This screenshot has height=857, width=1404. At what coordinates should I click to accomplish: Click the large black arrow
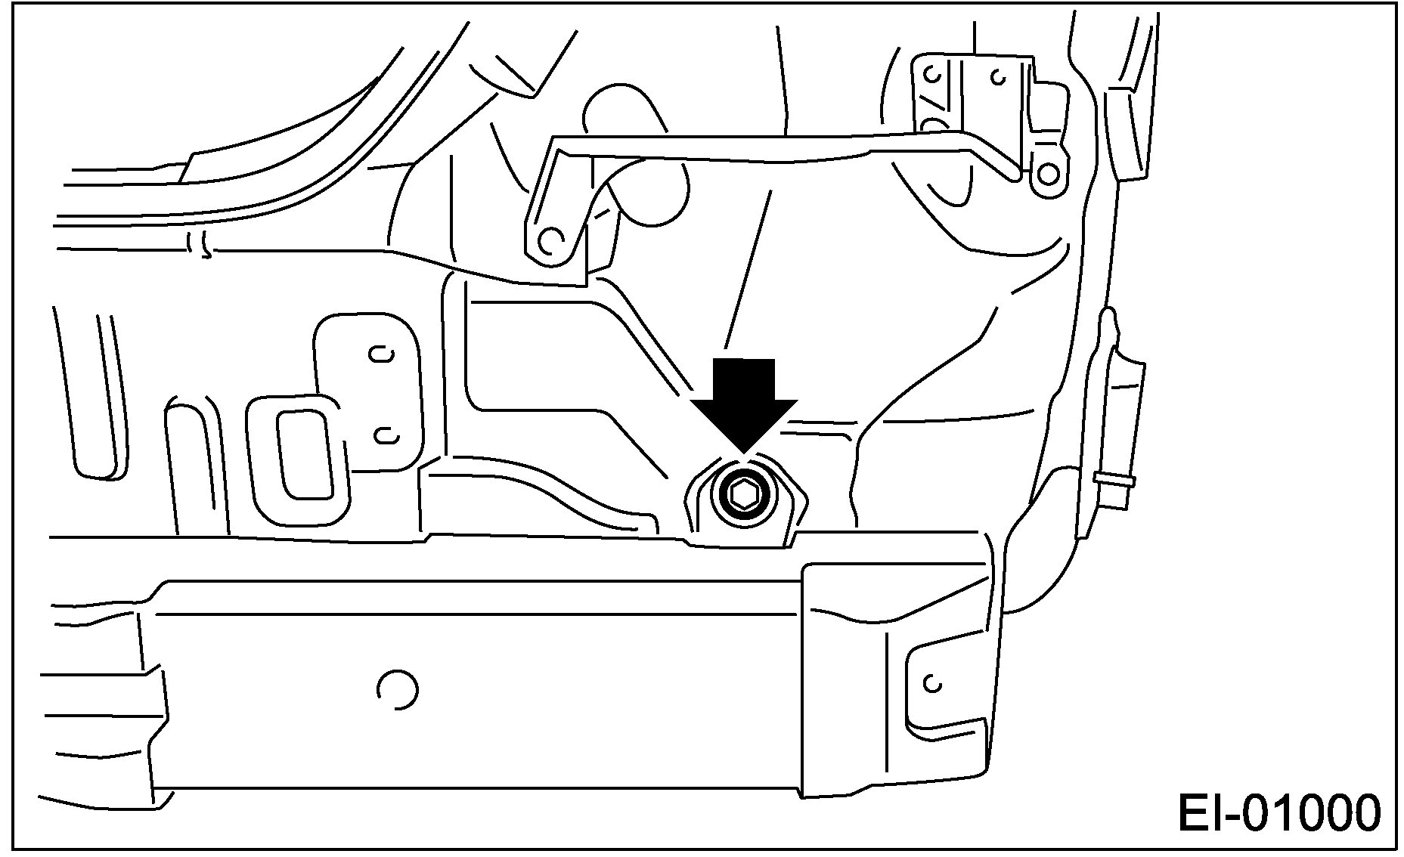point(745,401)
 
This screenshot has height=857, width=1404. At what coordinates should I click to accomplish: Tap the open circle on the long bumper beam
point(396,688)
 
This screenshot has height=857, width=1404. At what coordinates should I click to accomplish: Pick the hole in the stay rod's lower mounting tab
point(553,240)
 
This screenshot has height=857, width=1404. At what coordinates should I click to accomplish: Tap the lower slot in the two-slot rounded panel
point(386,434)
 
